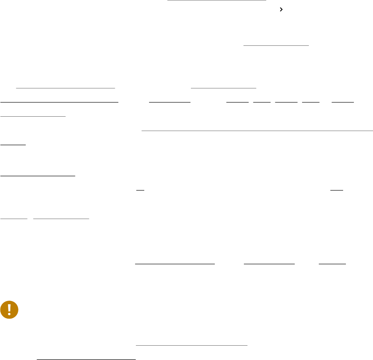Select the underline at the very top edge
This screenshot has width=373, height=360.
216,1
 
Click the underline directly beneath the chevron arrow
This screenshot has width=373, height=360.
276,45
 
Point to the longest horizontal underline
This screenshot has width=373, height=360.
257,130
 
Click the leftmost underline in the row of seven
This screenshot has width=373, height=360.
60,102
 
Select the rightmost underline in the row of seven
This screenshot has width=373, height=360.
343,102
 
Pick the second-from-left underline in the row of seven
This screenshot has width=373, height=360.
169,102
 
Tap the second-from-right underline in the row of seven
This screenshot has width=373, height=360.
311,102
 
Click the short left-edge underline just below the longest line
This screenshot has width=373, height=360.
13,145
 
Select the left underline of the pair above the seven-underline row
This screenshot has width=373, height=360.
65,86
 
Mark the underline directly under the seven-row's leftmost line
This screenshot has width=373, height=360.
33,116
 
